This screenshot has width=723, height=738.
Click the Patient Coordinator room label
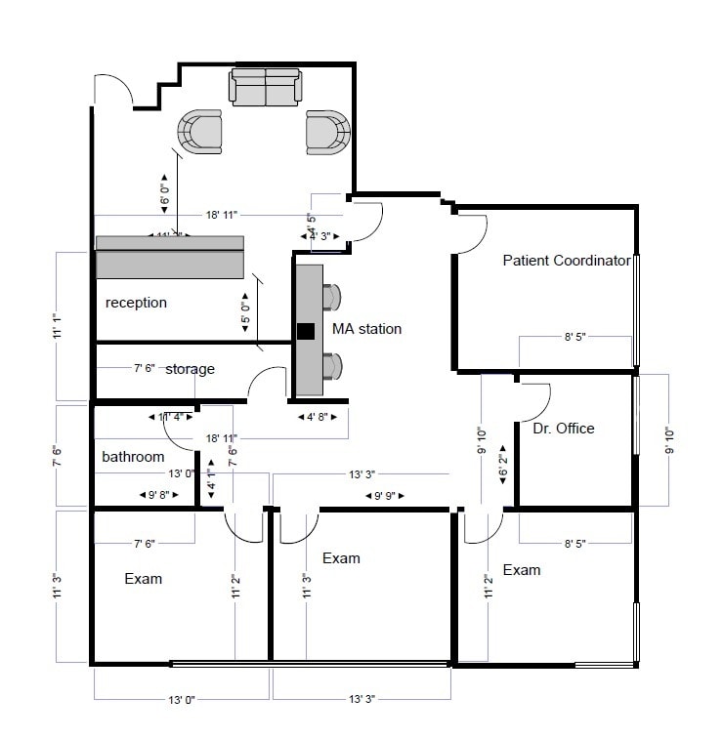point(566,261)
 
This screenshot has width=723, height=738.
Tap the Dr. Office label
point(564,428)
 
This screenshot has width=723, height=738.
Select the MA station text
point(366,329)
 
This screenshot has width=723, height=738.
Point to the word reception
point(136,303)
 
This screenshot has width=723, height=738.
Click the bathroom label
point(133,456)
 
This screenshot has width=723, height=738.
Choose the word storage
point(190,369)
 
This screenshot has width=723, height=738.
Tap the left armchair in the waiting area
point(201,132)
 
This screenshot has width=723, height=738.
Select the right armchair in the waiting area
point(327,132)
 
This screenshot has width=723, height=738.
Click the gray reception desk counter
point(169,257)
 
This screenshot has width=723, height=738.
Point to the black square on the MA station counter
point(307,331)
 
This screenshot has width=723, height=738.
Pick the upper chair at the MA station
point(332,296)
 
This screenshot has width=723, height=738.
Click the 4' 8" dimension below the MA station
point(319,416)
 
